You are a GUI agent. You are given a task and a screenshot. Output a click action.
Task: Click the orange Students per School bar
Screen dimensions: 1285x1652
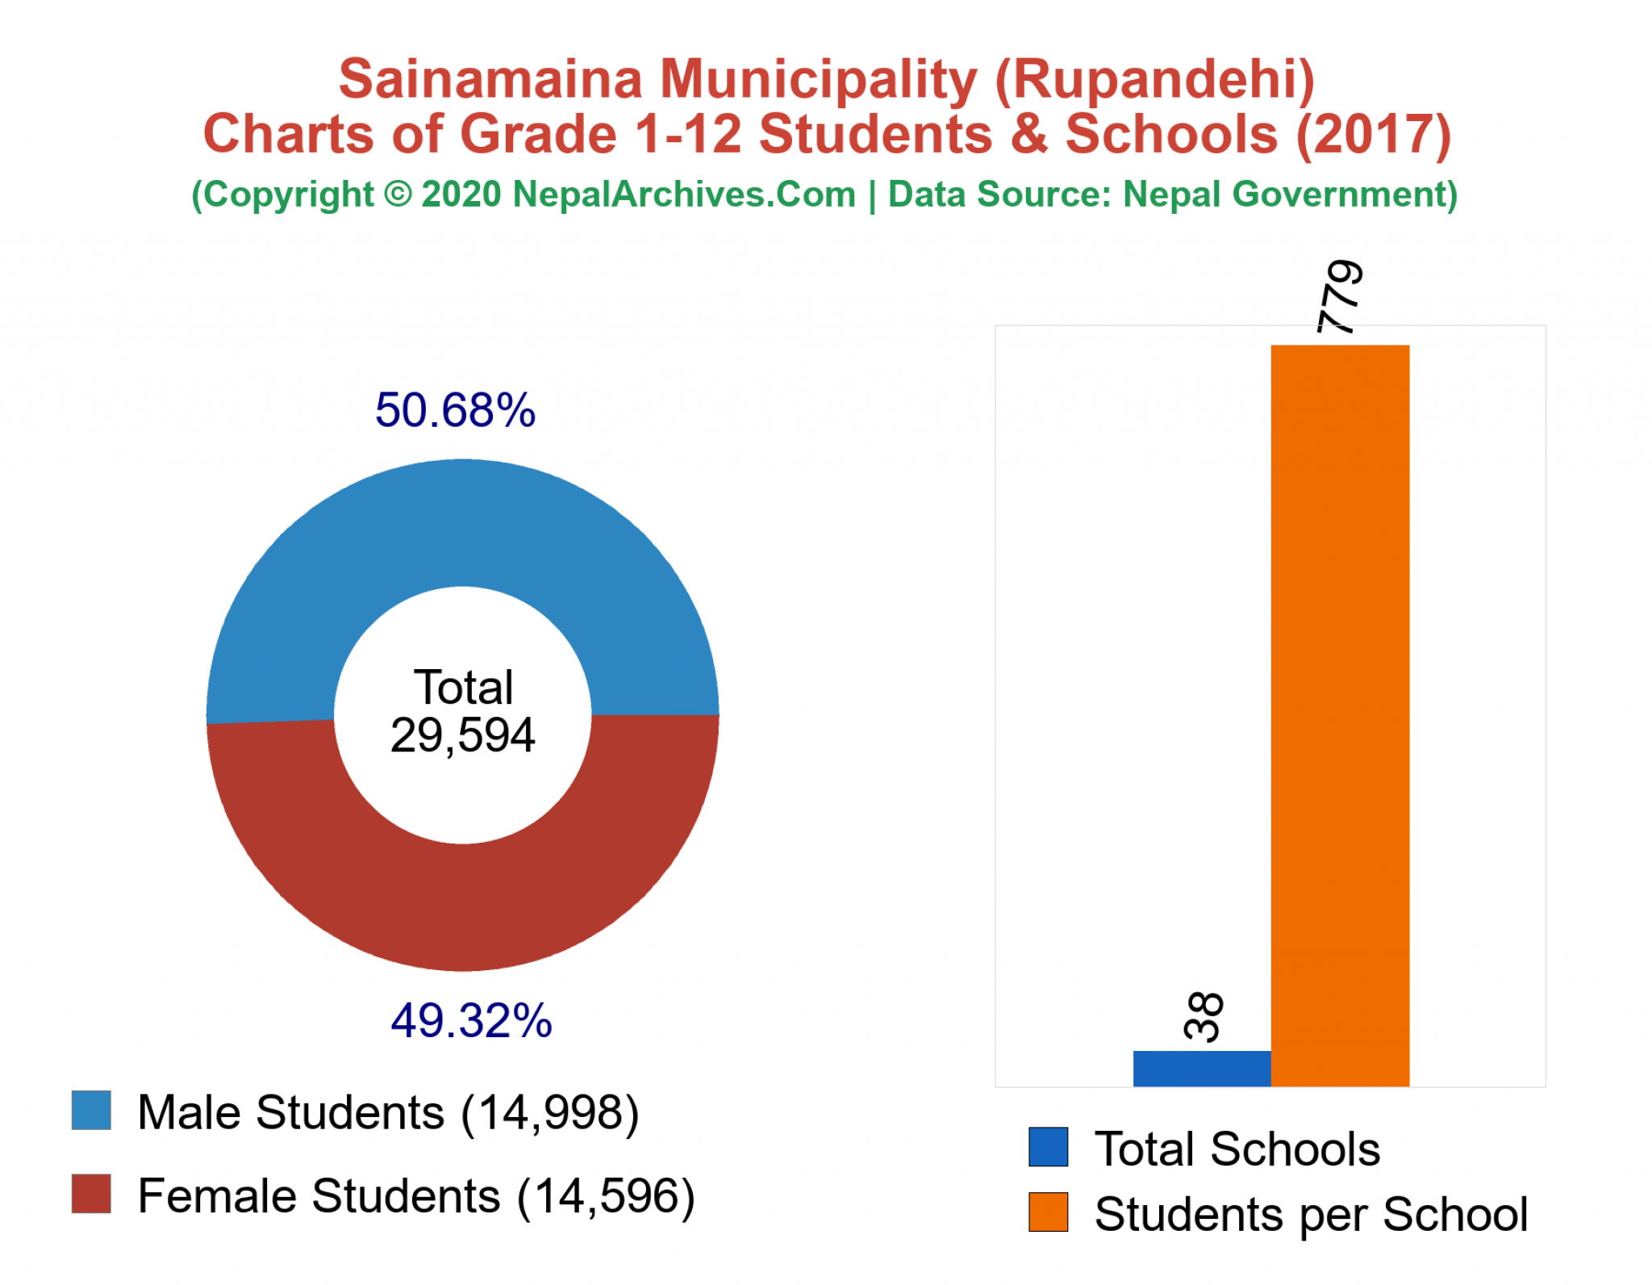[x=1340, y=715]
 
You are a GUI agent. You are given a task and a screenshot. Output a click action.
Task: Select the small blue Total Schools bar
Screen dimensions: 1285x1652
[x=1201, y=1068]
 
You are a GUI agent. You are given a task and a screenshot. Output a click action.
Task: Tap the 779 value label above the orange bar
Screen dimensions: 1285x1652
[x=1340, y=296]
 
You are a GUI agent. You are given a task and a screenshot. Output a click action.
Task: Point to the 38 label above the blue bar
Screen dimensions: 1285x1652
[x=1203, y=1016]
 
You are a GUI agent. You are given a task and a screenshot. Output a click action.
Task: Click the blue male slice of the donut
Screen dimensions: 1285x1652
[x=462, y=523]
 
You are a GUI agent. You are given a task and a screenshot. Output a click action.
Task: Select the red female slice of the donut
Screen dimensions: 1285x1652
[x=462, y=908]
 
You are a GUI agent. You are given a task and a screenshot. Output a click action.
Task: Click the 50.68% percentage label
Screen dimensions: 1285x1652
[x=455, y=410]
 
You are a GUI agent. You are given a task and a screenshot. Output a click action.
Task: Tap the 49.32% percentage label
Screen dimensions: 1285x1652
[x=471, y=1020]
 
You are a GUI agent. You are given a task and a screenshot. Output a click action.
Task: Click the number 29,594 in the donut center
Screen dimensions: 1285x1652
[x=462, y=735]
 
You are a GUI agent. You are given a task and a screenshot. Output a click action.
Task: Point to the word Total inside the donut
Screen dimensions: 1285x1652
[x=463, y=688]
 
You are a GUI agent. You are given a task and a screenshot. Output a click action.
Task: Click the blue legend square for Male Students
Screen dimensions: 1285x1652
[x=91, y=1111]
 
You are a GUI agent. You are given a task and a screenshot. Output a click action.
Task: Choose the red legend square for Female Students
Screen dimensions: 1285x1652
[x=91, y=1194]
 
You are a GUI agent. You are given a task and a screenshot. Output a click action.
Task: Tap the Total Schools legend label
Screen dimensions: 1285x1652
[x=1237, y=1149]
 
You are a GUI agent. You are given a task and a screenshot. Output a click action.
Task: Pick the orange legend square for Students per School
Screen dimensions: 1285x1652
[x=1048, y=1212]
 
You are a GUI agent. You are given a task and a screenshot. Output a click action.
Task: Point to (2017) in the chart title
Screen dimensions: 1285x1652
[x=1373, y=134]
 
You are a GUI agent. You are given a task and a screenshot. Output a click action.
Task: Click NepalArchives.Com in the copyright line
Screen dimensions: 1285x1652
[x=684, y=195]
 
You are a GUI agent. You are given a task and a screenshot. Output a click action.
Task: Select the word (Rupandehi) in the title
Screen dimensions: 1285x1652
[x=1154, y=79]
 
